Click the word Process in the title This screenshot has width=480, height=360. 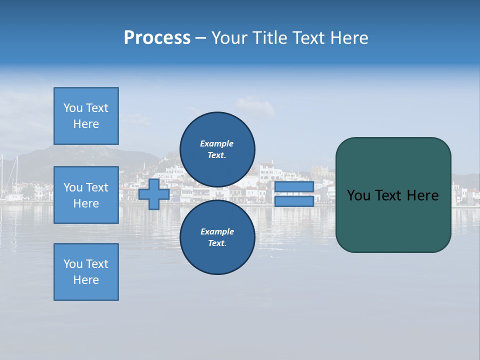[157, 38]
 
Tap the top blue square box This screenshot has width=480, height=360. [86, 116]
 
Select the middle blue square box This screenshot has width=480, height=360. [86, 195]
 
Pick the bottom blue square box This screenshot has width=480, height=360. [86, 272]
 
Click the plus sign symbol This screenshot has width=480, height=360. [154, 194]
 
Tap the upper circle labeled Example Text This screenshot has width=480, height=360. [217, 149]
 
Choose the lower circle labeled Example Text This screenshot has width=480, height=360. [217, 237]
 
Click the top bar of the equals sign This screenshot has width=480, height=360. [294, 187]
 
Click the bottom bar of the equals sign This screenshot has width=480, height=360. [294, 201]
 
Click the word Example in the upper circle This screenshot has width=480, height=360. [217, 143]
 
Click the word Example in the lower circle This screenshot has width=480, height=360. [217, 231]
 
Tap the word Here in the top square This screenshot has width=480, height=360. [86, 124]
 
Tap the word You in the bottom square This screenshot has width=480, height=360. [73, 264]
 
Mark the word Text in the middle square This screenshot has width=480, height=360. [97, 187]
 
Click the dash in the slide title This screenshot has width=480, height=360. [200, 38]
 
